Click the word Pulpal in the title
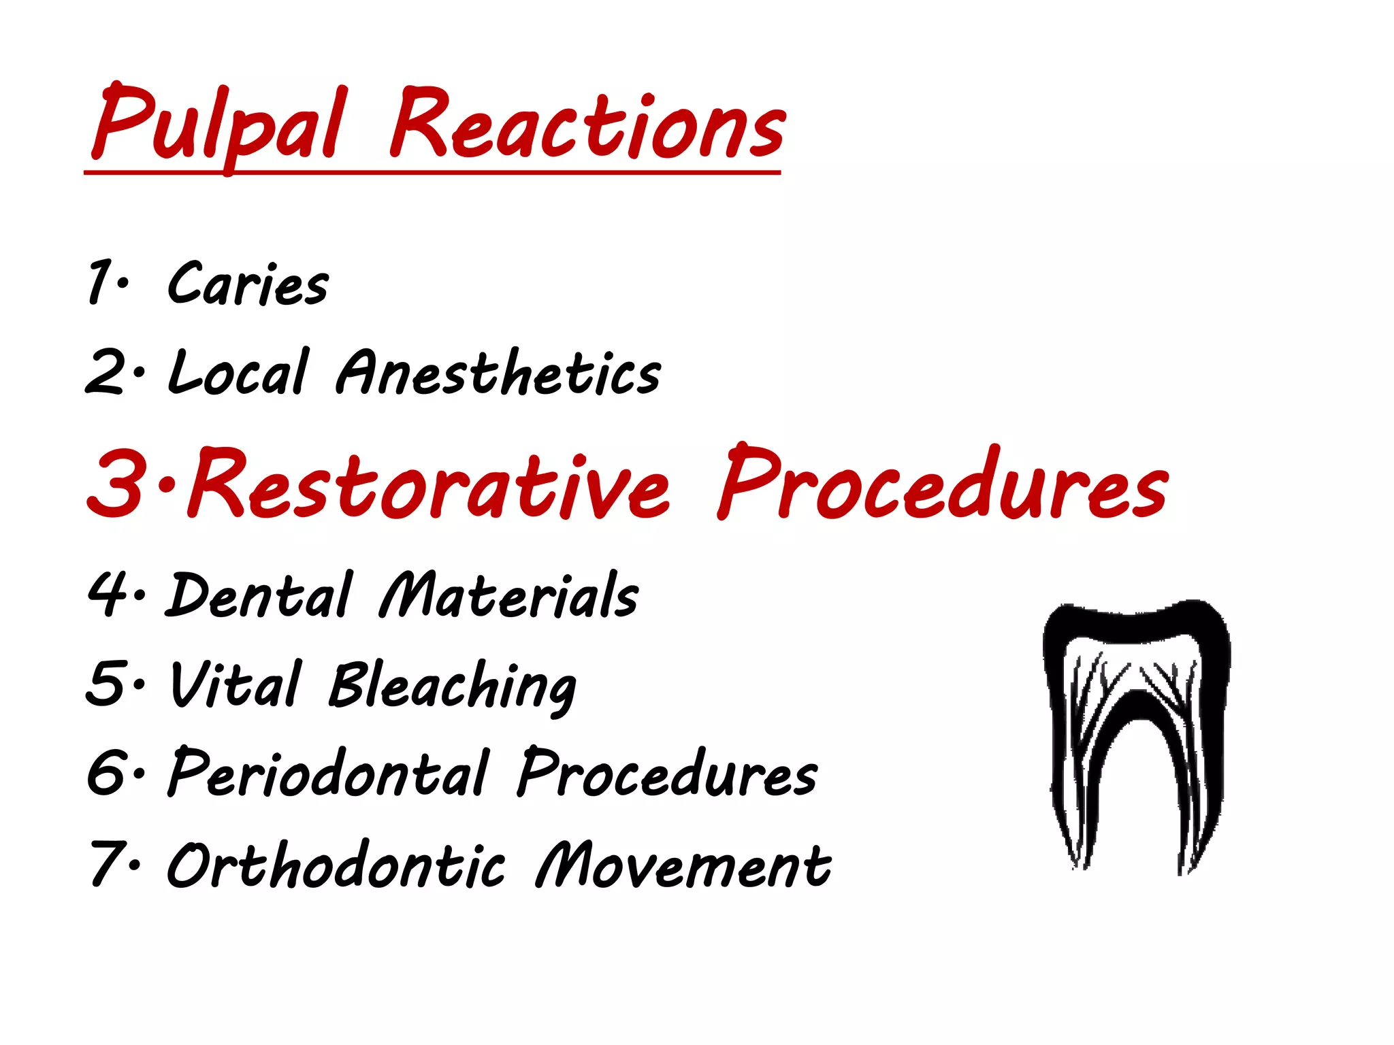218,126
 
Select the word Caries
248,284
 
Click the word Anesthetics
498,373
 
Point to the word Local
238,373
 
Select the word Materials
509,596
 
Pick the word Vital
235,684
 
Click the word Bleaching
453,687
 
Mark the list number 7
106,864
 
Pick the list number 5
106,683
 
